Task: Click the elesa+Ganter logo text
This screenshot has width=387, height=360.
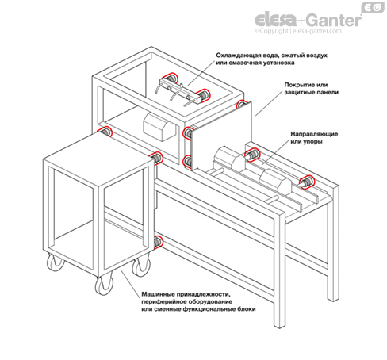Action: coord(308,20)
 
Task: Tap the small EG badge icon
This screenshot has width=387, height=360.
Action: coord(373,7)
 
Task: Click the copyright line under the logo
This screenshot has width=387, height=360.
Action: coord(298,31)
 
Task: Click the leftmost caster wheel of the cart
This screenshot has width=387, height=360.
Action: coord(56,262)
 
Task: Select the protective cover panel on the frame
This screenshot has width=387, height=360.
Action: coord(221,136)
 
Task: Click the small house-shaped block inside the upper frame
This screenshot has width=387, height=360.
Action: coord(159,126)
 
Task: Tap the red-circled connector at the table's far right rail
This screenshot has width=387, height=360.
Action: coord(307,182)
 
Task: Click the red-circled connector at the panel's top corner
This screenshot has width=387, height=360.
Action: coord(241,104)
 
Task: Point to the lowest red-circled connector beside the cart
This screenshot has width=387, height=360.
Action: coord(158,242)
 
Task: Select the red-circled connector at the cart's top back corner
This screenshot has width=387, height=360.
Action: coord(105,132)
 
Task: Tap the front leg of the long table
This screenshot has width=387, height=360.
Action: coord(280,267)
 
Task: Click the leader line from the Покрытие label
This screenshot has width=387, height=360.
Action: coord(269,103)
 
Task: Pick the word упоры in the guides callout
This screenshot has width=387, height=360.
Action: coord(314,142)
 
